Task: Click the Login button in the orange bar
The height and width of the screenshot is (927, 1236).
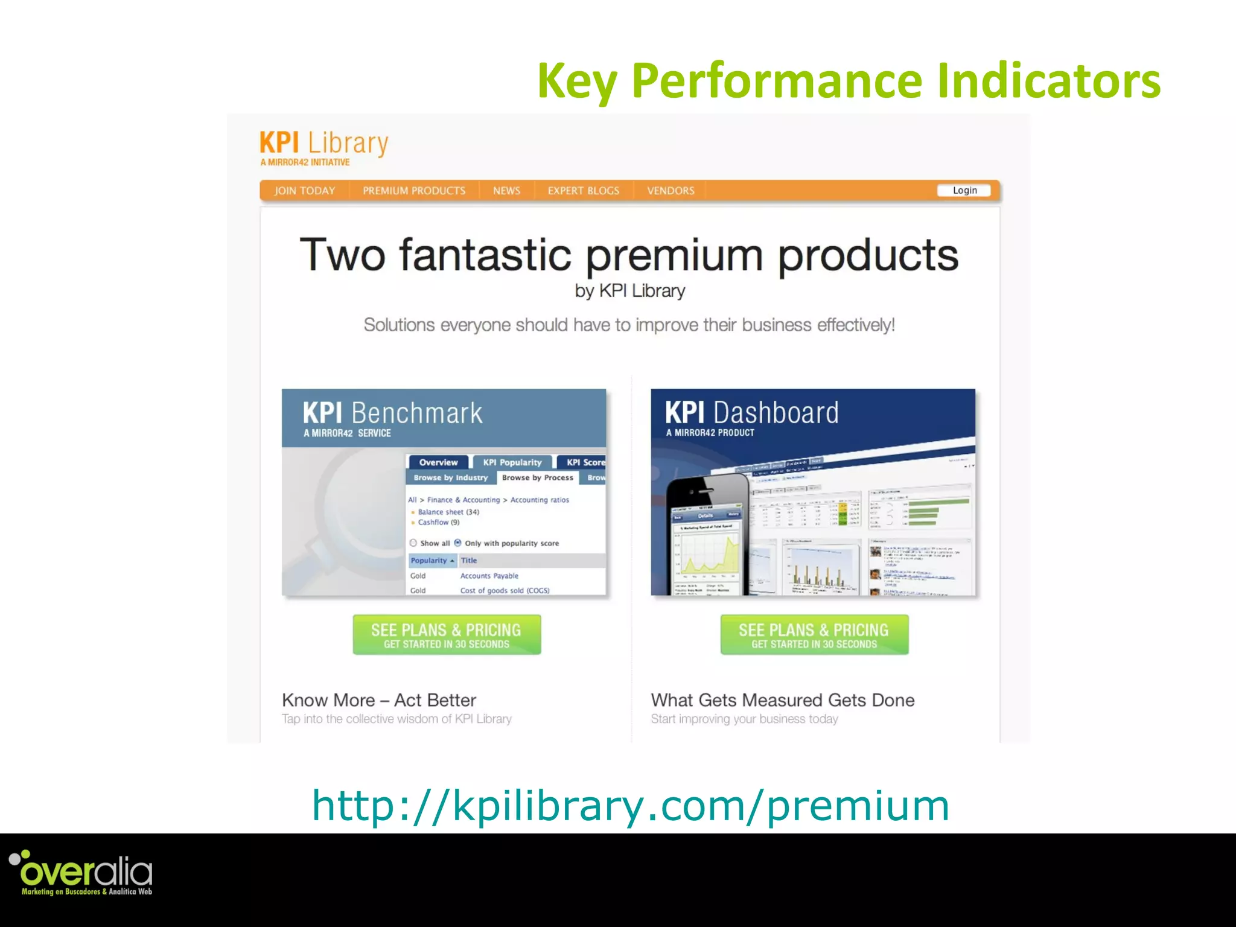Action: [964, 191]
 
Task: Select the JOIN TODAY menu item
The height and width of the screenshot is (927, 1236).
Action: [304, 191]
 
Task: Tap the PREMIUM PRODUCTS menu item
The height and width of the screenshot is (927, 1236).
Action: [414, 191]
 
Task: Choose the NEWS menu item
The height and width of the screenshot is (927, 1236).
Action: [506, 191]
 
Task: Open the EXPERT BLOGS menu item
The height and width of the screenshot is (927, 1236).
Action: [583, 191]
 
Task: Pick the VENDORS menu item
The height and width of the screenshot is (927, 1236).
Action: [671, 191]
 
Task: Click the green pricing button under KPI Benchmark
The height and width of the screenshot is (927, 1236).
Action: [447, 635]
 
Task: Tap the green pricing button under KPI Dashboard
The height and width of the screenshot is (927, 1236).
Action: [814, 635]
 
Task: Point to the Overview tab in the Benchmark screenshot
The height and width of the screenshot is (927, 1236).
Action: [438, 462]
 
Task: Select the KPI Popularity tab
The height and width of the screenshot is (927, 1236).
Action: [512, 462]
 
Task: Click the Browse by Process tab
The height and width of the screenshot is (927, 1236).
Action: [537, 477]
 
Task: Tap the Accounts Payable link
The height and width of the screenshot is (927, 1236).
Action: [489, 576]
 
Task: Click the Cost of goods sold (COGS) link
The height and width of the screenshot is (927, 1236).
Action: [505, 590]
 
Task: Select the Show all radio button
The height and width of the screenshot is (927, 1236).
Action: [413, 543]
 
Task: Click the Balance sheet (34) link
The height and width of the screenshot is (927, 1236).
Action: [448, 512]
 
